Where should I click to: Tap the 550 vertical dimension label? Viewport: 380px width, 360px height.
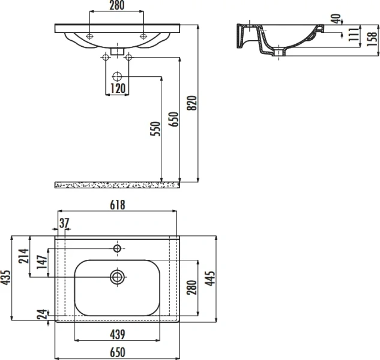click(155, 131)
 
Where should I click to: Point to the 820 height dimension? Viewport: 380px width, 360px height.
click(192, 103)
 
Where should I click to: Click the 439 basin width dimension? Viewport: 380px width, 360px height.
click(116, 334)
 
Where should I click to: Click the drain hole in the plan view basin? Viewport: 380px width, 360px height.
click(117, 277)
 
